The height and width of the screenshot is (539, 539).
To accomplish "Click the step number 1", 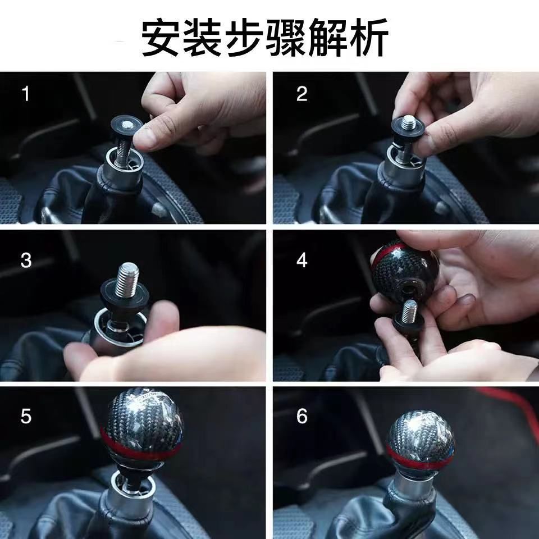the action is (26, 94).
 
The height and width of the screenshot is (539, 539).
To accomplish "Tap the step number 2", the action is (302, 94).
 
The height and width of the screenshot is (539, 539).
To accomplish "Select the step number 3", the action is (26, 261).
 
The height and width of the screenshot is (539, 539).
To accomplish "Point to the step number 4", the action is (302, 261).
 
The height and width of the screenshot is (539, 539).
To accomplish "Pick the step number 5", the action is (26, 416).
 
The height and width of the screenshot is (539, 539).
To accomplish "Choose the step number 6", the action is (302, 416).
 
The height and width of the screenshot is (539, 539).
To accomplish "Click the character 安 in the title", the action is (161, 37).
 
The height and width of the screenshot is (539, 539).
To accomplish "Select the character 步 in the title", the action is (244, 37).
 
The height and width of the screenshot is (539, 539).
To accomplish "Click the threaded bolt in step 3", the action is (128, 279).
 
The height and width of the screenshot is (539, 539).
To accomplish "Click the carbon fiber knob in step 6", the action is (421, 441).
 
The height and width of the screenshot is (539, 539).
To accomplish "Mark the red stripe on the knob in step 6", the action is (420, 459).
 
